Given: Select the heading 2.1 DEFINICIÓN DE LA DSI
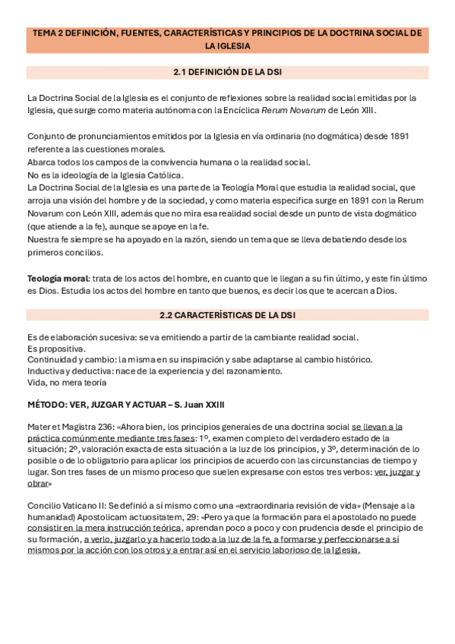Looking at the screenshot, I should pyautogui.click(x=226, y=73).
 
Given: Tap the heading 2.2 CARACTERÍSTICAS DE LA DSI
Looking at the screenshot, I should pyautogui.click(x=226, y=314).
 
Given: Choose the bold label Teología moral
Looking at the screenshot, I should pyautogui.click(x=58, y=279).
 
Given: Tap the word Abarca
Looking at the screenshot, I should pyautogui.click(x=42, y=163).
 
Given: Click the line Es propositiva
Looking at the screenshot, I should pyautogui.click(x=55, y=349).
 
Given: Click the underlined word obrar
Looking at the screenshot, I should pyautogui.click(x=40, y=484).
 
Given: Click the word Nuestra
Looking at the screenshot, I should pyautogui.click(x=45, y=239).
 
